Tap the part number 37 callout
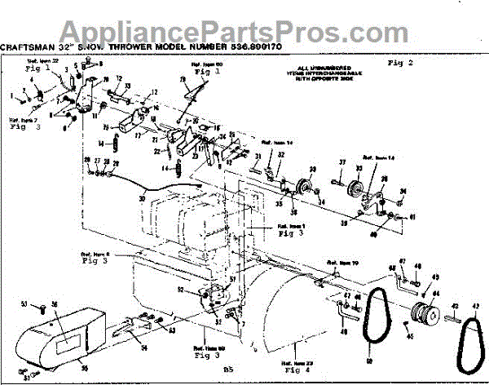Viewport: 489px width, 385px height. coord(343,162)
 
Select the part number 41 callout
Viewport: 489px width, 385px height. coord(412,218)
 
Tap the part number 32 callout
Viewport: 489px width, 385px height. coord(280,155)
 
